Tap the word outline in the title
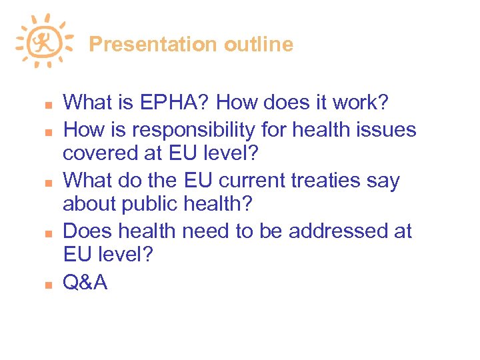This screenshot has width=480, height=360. click(x=259, y=45)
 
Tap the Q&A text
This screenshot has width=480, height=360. click(x=85, y=283)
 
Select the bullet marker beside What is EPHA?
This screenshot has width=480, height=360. click(x=39, y=105)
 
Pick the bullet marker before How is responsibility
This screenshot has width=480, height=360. click(x=39, y=131)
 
